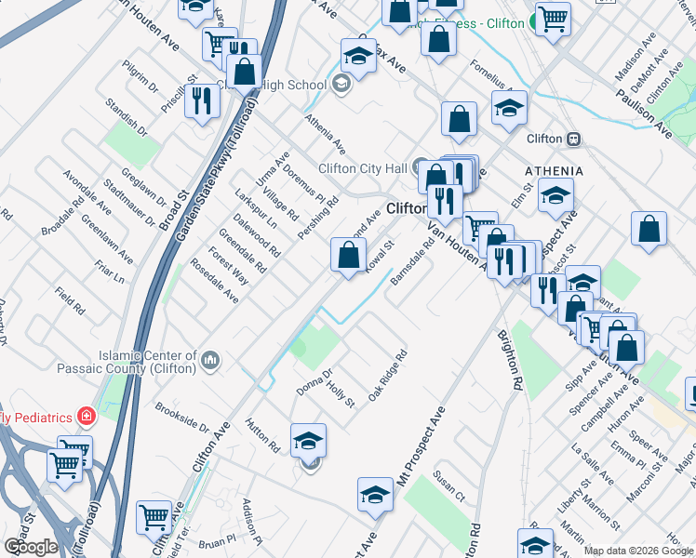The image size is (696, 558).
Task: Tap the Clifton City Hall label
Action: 364,168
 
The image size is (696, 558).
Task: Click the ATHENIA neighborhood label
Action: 554,171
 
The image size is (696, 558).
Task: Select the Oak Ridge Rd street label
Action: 387,376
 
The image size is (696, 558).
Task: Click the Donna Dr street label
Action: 314,381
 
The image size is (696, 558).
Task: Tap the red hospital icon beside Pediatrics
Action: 86,414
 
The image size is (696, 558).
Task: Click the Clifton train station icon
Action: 574,139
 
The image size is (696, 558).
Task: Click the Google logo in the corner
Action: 31,546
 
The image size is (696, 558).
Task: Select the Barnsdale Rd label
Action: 413,263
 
